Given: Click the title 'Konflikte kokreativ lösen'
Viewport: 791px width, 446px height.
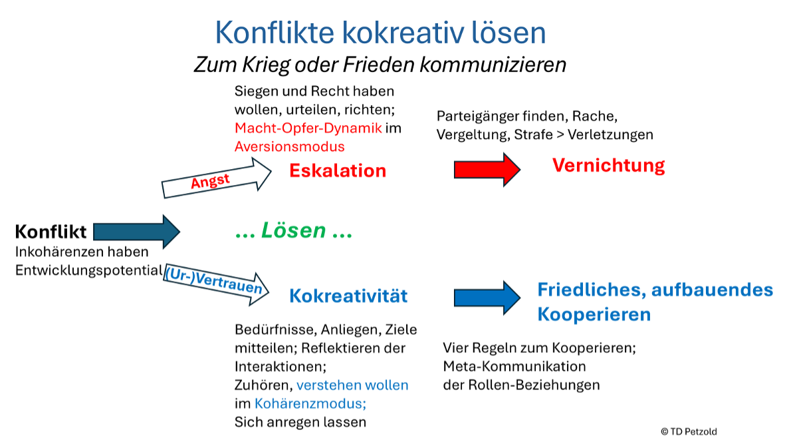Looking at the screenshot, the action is coord(380,33).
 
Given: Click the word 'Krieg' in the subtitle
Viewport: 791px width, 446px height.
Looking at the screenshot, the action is coord(266,65).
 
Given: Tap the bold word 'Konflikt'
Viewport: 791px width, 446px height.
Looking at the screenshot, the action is coord(51,232).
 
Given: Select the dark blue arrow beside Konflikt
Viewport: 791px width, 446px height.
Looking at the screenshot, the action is coord(136,232).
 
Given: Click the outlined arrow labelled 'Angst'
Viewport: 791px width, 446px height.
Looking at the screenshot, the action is coord(217,178).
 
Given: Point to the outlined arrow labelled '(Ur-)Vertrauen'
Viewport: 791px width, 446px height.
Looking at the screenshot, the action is coord(217,284).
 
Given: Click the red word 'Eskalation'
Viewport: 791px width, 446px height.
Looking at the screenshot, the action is coord(338,170).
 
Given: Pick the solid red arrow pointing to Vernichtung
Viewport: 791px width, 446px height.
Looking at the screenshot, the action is coord(487,169).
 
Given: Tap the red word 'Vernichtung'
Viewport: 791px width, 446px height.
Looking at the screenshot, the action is coord(608,165).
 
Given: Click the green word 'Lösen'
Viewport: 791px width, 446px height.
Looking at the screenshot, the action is coord(294,230).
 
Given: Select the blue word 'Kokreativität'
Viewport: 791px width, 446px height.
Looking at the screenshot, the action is coord(348,296).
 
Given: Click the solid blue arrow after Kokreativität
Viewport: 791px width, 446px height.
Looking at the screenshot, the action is coord(487,298).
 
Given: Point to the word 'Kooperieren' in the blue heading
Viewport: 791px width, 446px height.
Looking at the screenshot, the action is coord(594,314).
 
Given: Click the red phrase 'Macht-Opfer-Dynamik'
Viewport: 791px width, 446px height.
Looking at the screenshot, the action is coord(308,128).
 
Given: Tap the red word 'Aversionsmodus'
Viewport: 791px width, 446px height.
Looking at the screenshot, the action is coord(290,146).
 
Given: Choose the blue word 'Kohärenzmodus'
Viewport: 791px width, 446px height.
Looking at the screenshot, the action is coord(310,403).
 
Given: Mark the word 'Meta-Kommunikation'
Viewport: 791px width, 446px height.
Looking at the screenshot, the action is coord(514,366).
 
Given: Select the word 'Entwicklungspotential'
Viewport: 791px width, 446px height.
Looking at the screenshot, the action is coord(89,271).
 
